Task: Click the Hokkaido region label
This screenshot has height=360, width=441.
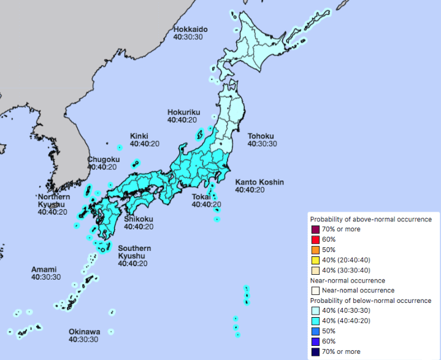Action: click(x=190, y=29)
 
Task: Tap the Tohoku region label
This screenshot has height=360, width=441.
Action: click(x=260, y=136)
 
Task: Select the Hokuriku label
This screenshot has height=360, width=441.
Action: click(x=183, y=112)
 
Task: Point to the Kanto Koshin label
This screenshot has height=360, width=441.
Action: click(x=258, y=182)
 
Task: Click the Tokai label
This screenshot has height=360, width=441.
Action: click(x=201, y=197)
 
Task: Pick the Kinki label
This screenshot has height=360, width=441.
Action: click(x=139, y=136)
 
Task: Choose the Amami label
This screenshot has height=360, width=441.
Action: click(x=44, y=270)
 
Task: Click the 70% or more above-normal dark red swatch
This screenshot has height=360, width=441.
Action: click(x=315, y=229)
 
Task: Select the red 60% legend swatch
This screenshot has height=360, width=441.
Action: click(x=315, y=239)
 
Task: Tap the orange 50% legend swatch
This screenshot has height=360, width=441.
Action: click(x=315, y=250)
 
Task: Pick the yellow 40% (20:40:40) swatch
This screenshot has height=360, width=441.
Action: click(x=315, y=260)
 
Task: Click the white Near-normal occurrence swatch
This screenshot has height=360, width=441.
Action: click(x=315, y=291)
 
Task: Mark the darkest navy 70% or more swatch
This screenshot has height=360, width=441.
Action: click(x=315, y=352)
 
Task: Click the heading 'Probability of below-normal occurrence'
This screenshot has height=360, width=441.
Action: click(x=370, y=301)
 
